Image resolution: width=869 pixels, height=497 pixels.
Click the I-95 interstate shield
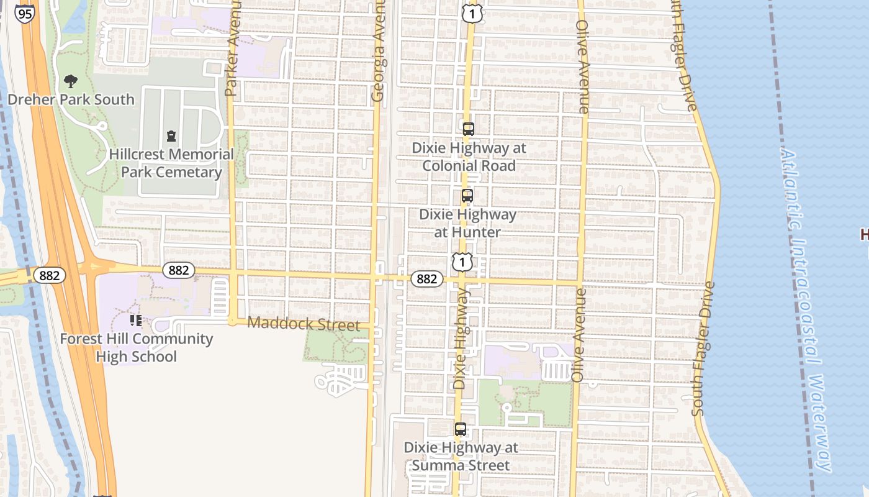(25, 14)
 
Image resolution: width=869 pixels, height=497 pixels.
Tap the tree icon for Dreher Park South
(71, 81)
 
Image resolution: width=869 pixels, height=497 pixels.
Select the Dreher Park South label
(71, 99)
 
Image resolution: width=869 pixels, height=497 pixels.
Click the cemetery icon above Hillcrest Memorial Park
(171, 136)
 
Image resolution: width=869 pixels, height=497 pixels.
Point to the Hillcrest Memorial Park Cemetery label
(171, 163)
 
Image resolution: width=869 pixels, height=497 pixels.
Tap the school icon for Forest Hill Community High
(136, 321)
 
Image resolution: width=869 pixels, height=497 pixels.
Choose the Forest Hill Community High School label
(137, 348)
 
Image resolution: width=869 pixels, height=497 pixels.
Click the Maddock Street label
(304, 324)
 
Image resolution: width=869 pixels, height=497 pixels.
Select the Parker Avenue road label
(233, 48)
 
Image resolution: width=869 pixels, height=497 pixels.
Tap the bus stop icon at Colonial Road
(469, 129)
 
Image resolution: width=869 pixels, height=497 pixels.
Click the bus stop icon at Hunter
(467, 196)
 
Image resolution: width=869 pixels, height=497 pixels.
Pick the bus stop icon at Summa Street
(461, 429)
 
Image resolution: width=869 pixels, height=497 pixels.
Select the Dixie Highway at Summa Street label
(461, 456)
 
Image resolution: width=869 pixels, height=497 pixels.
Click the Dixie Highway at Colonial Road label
(469, 157)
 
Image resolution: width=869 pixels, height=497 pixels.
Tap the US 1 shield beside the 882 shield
(462, 262)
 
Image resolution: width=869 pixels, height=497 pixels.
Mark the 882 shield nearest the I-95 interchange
(49, 275)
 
